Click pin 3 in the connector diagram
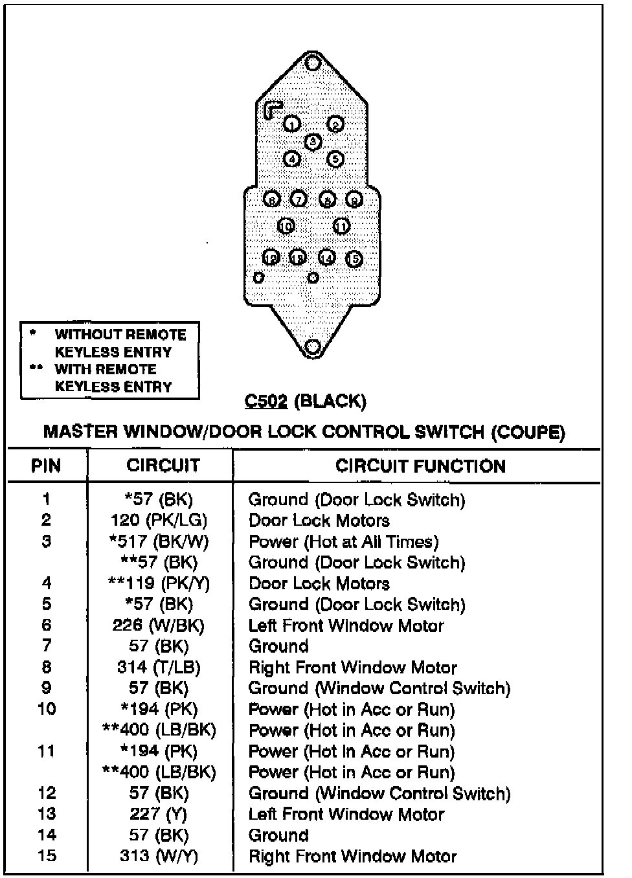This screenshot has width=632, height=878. pyautogui.click(x=313, y=141)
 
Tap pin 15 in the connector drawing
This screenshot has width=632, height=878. pyautogui.click(x=354, y=259)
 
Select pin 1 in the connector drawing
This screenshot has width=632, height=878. pyautogui.click(x=293, y=124)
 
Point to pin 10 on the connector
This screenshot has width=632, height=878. pyautogui.click(x=286, y=226)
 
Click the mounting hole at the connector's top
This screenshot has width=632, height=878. pyautogui.click(x=313, y=63)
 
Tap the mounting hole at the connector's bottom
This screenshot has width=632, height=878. pyautogui.click(x=313, y=347)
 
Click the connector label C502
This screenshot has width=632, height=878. pyautogui.click(x=265, y=401)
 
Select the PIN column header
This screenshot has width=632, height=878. pyautogui.click(x=46, y=466)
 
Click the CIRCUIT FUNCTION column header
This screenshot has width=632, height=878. pyautogui.click(x=420, y=466)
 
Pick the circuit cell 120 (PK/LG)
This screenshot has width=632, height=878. pyautogui.click(x=159, y=521)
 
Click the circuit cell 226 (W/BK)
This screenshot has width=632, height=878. pyautogui.click(x=158, y=625)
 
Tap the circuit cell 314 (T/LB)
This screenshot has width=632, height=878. pyautogui.click(x=159, y=668)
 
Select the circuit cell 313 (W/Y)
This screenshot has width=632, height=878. pyautogui.click(x=159, y=856)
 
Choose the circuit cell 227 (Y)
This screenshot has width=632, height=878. pyautogui.click(x=158, y=814)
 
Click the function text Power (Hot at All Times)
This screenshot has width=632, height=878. pyautogui.click(x=343, y=542)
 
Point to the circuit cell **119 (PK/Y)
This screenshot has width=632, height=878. pyautogui.click(x=159, y=583)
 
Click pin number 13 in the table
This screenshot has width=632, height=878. pyautogui.click(x=46, y=814)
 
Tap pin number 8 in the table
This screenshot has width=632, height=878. pyautogui.click(x=46, y=668)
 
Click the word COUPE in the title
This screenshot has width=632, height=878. pyautogui.click(x=528, y=433)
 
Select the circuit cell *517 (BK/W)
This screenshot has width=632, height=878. pyautogui.click(x=159, y=542)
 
